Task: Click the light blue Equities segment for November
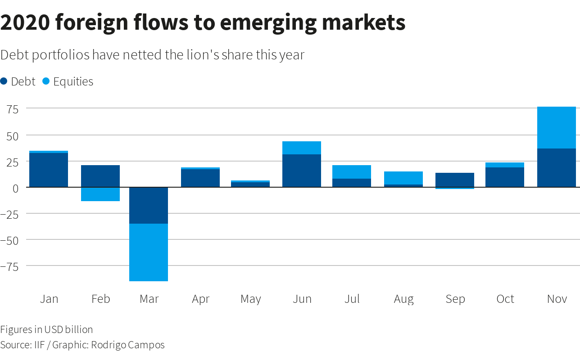pos(557,128)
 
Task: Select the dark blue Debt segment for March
pos(149,206)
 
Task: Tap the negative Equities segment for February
pos(100,194)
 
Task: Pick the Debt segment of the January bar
pos(49,170)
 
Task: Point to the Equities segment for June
pos(302,148)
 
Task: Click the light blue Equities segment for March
pos(149,252)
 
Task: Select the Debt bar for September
pos(455,180)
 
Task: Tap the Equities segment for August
pos(403,178)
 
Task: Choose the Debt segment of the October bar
pos(505,177)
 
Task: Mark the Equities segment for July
pos(352,172)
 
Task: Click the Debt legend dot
pos(4,81)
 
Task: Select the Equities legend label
pos(73,82)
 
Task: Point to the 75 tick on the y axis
pos(13,110)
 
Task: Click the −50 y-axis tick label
pos(9,241)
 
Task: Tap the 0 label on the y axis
pos(15,189)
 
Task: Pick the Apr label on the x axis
pos(201,299)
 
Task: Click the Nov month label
pos(557,299)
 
